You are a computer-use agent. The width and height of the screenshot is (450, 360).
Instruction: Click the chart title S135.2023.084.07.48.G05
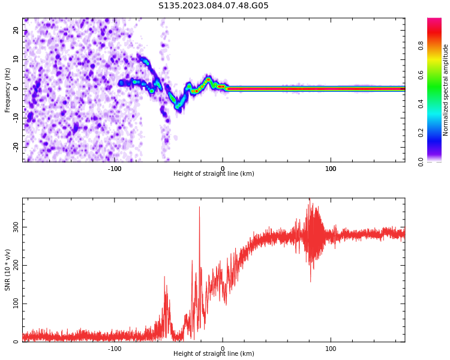tap(213, 6)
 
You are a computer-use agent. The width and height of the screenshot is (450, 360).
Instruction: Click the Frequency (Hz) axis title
tap(8, 90)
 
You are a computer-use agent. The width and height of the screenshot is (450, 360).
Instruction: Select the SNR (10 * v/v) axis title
tap(8, 270)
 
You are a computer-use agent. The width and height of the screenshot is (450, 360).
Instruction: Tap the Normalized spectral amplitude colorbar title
tap(446, 90)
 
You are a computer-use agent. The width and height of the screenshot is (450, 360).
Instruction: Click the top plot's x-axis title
tap(214, 174)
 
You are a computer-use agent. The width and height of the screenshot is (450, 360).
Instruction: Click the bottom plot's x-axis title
tap(214, 354)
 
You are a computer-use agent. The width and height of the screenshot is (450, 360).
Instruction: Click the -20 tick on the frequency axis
tap(16, 146)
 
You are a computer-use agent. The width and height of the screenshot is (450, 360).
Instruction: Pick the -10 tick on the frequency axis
tap(16, 118)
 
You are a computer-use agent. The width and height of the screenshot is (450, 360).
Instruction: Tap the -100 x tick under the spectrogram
tap(115, 169)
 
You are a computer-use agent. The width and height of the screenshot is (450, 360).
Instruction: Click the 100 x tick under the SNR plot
tap(331, 349)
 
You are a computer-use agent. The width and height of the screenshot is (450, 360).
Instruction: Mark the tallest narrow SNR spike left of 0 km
tap(200, 207)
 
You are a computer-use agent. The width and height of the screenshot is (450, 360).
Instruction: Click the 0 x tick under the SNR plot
tap(223, 349)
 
